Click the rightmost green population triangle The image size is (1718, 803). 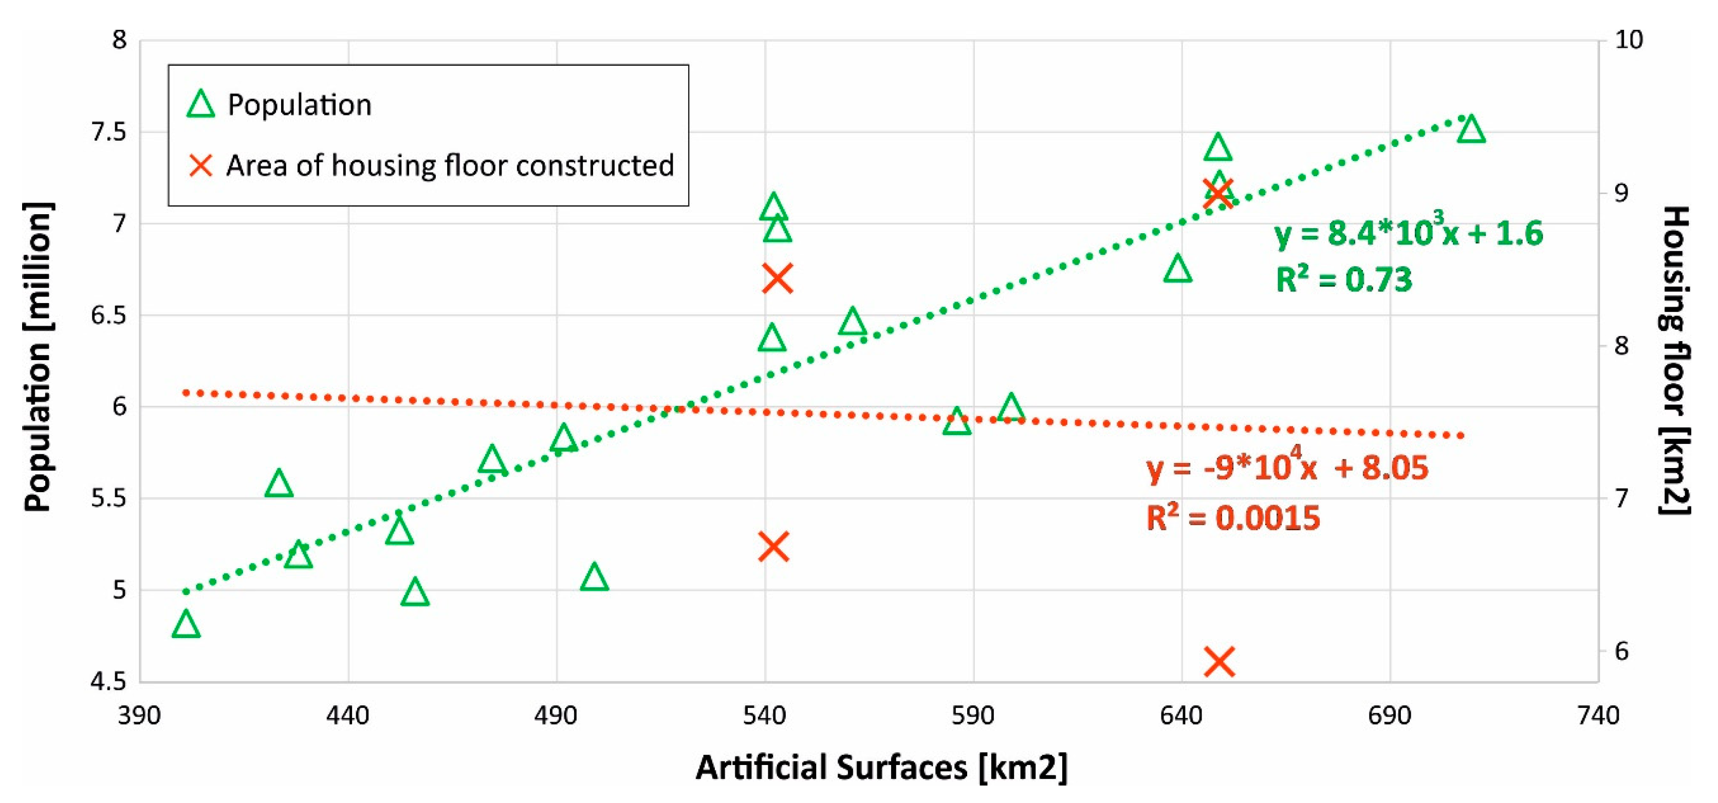(1471, 130)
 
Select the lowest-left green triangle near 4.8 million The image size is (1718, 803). (186, 625)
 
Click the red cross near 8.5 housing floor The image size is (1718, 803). (777, 278)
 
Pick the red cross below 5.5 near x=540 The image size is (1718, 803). (773, 547)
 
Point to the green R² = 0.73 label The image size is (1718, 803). (1343, 279)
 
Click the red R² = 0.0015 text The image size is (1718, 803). (1232, 518)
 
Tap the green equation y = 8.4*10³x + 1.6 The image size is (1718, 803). (1408, 233)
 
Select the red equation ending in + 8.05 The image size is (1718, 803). (1287, 467)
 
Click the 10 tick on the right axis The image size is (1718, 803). (1628, 40)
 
